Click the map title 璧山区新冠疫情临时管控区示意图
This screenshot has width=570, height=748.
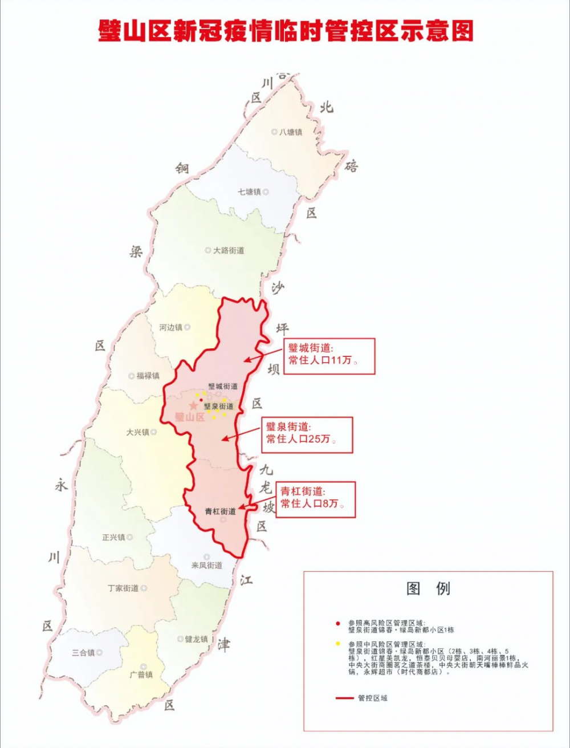286,31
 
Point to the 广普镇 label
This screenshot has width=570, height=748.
141,675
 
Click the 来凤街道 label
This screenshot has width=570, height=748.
206,565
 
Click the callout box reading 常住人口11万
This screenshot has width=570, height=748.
329,356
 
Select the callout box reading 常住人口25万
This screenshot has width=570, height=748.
307,434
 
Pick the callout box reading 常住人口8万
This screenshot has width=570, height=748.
316,499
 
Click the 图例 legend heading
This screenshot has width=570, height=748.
428,589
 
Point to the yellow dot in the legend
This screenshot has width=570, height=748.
337,644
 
